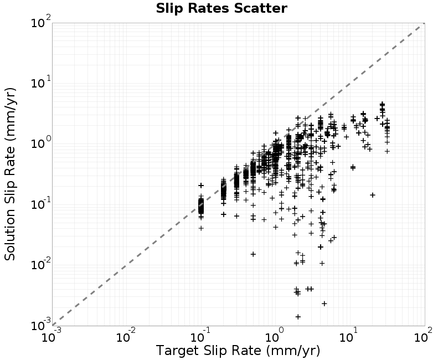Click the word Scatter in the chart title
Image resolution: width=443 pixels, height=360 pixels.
click(x=260, y=8)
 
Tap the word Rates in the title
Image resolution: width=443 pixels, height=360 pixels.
click(x=209, y=8)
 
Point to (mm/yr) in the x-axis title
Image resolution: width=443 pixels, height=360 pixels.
click(x=293, y=351)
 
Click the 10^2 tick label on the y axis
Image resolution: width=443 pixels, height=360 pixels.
click(x=40, y=22)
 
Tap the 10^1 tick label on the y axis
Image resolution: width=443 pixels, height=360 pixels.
click(x=40, y=83)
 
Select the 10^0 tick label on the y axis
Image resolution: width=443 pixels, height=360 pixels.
click(x=40, y=143)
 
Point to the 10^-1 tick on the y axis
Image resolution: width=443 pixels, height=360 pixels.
click(x=40, y=204)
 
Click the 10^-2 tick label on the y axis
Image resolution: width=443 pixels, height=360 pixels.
click(x=40, y=265)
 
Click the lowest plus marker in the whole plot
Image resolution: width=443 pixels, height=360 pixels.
click(x=298, y=317)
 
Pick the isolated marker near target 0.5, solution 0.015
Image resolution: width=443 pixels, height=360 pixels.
click(x=253, y=254)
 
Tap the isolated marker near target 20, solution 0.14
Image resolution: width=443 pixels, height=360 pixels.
click(x=373, y=195)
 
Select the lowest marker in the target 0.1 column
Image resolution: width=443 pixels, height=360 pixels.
click(x=201, y=228)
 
